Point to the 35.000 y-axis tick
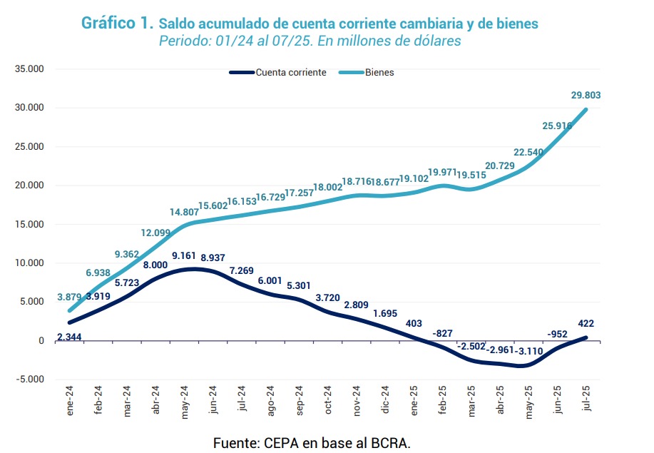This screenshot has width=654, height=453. pyautogui.click(x=29, y=69)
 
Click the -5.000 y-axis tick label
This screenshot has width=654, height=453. pyautogui.click(x=31, y=379)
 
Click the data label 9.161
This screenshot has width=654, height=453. pyautogui.click(x=184, y=255)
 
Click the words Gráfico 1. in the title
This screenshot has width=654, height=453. pyautogui.click(x=117, y=23)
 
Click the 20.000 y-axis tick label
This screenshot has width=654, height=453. pyautogui.click(x=29, y=185)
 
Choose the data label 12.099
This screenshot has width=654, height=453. pyautogui.click(x=155, y=233)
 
